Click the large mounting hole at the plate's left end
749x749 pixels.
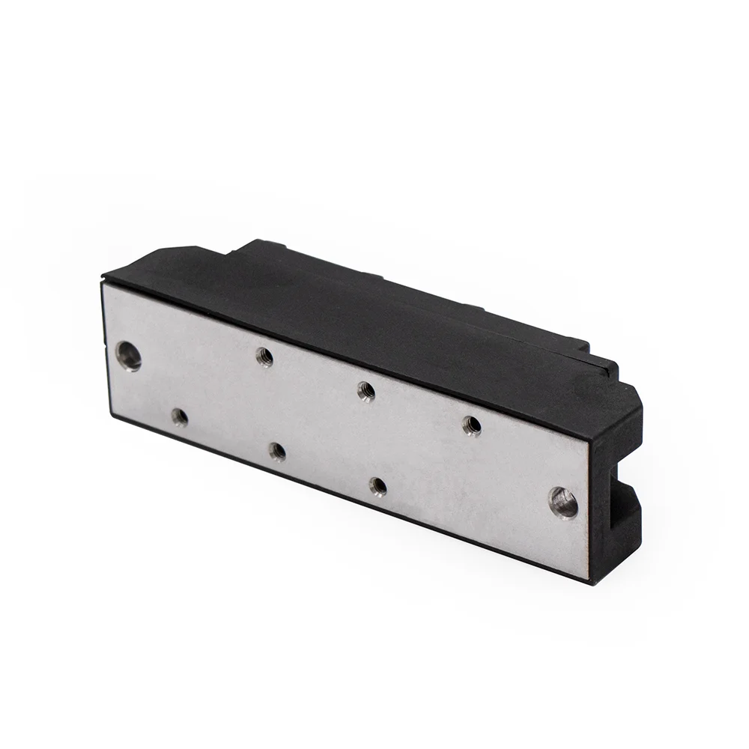(x=129, y=356)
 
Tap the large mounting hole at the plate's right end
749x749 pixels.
(x=563, y=502)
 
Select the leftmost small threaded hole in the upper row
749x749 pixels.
(x=264, y=357)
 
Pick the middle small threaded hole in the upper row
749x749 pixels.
(x=366, y=391)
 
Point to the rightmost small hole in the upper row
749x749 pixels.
(x=472, y=425)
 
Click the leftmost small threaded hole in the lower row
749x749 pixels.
(x=180, y=417)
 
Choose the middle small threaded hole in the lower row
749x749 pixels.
(x=277, y=452)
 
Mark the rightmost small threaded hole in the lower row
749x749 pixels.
(x=378, y=487)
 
